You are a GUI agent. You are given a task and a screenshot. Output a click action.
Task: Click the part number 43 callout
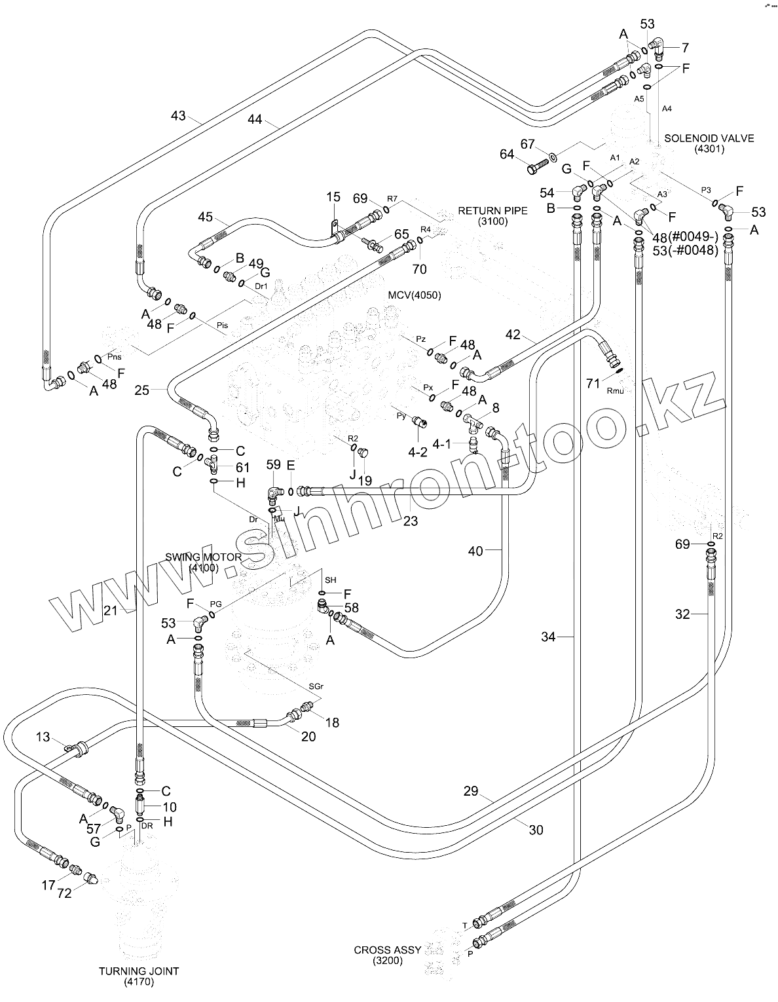[178, 116]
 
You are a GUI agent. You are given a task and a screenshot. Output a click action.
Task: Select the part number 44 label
[255, 119]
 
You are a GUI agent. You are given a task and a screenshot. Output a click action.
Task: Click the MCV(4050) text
[415, 295]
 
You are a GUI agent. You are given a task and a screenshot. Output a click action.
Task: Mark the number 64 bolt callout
[507, 155]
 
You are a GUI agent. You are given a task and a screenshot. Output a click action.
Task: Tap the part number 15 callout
[333, 196]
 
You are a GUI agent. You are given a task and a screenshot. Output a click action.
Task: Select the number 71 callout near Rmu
[593, 383]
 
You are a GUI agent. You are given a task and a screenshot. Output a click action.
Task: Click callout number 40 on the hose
[475, 551]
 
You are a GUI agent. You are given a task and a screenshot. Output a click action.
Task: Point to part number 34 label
[548, 637]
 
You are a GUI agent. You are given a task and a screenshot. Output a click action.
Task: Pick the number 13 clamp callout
[43, 737]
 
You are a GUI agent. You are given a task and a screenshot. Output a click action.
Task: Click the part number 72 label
[64, 893]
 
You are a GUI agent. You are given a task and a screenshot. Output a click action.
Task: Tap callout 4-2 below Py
[418, 451]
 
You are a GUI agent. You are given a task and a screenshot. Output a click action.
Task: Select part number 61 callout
[243, 467]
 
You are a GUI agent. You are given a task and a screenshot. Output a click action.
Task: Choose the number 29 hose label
[471, 792]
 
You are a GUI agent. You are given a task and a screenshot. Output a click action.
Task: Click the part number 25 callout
[142, 390]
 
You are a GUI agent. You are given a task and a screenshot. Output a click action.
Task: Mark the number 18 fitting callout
[332, 722]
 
